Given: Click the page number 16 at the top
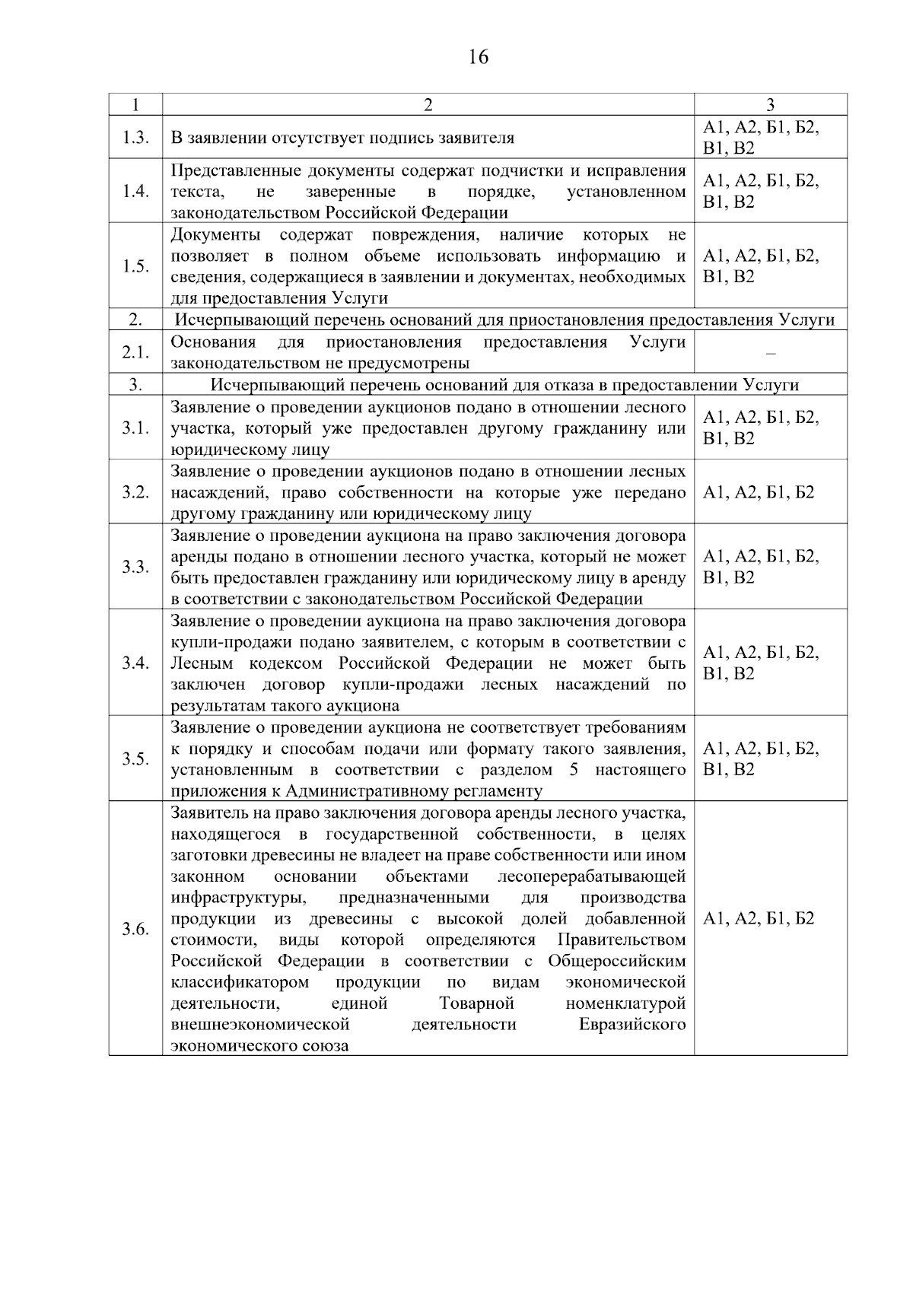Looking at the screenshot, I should pos(479,58).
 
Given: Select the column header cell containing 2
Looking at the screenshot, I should pos(428,105).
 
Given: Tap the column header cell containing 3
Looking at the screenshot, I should pos(770,105).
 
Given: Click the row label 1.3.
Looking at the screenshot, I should pos(135,138).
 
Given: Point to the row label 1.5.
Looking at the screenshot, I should pos(135,266).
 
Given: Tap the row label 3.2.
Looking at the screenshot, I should pos(135,492).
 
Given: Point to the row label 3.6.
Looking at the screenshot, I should pos(135,929).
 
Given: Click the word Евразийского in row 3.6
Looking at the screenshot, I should pos(631,1025).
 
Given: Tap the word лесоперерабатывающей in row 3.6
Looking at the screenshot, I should pos(591,876).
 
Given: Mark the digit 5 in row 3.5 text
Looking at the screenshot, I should pos(574,770).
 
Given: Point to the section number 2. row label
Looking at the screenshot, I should pos(135,320).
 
